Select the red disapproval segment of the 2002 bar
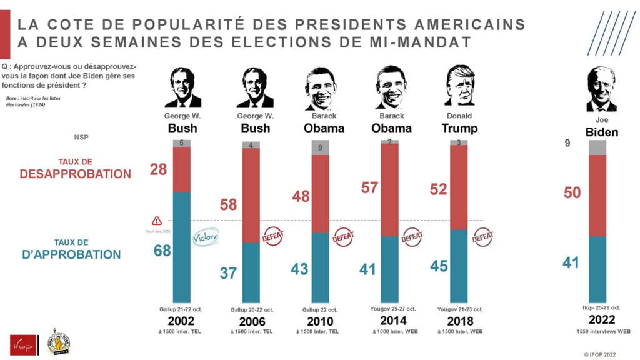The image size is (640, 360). tap(181, 169)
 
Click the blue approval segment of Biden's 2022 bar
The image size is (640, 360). tap(597, 269)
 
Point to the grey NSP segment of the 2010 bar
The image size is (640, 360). tap(320, 147)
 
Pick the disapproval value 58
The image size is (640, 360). tap(228, 204)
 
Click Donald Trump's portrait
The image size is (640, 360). tap(459, 86)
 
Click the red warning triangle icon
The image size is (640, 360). tap(157, 221)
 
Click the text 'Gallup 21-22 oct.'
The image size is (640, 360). tap(181, 309)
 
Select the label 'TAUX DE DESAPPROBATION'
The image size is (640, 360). tap(76, 169)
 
